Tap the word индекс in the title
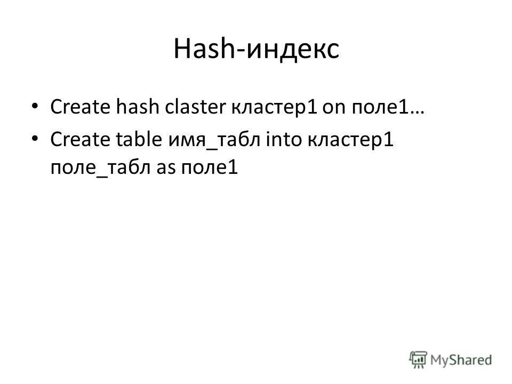(292, 50)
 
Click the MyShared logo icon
(418, 359)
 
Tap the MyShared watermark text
(462, 360)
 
